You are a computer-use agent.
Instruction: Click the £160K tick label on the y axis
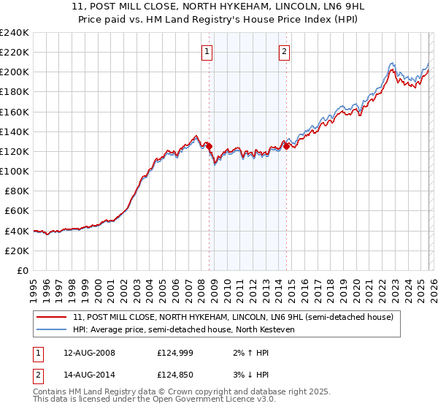tap(15, 112)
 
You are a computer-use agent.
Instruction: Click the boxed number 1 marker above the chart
tap(208, 51)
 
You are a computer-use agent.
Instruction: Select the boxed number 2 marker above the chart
tap(284, 51)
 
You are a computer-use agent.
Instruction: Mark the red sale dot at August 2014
tap(286, 146)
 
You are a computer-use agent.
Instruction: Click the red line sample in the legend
tap(53, 318)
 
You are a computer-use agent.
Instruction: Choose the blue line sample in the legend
tap(53, 330)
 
